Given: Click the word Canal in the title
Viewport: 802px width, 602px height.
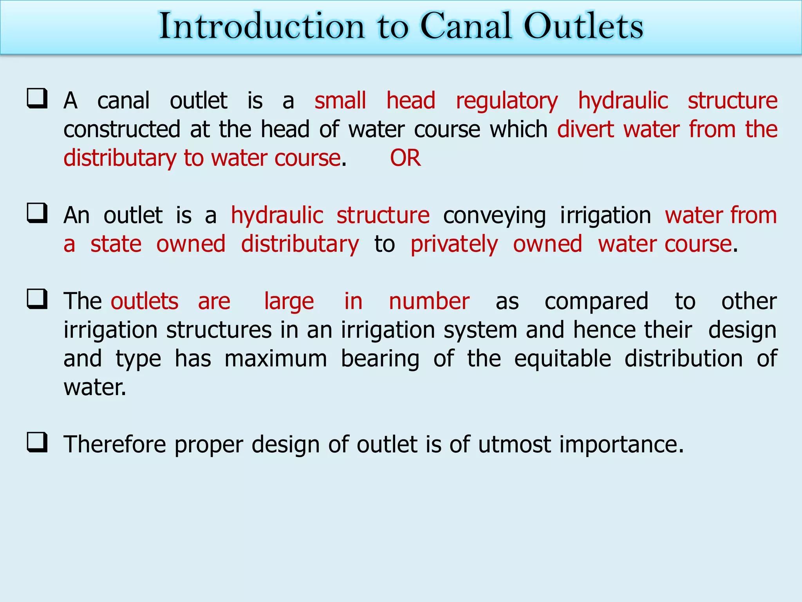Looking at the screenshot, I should pos(466,26).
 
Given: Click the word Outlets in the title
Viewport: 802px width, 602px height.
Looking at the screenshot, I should pos(583,26).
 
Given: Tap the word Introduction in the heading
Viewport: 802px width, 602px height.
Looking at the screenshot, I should pos(262,26).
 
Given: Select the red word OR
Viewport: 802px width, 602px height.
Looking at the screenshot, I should pos(405,158).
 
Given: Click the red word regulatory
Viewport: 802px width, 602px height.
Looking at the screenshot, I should pos(507,101).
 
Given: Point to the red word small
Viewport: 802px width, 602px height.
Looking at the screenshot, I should pos(340,100).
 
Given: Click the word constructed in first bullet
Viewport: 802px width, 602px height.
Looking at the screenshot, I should pos(122,130).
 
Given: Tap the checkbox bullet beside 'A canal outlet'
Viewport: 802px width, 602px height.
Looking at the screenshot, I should pos(37,98).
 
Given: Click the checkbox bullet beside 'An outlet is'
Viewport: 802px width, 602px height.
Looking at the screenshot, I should pos(37,213).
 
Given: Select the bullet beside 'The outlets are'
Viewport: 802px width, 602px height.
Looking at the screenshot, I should pos(37,299).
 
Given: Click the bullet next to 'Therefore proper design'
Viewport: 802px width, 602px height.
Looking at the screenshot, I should pos(37,442).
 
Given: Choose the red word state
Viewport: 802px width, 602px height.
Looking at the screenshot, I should pos(116,244).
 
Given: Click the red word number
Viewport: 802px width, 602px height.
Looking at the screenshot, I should pos(429,301).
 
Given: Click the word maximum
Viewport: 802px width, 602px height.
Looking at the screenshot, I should pos(276,359).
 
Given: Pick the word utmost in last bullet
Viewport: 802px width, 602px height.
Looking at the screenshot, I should pos(515,445).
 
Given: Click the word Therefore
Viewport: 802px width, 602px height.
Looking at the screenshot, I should pos(115,445).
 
